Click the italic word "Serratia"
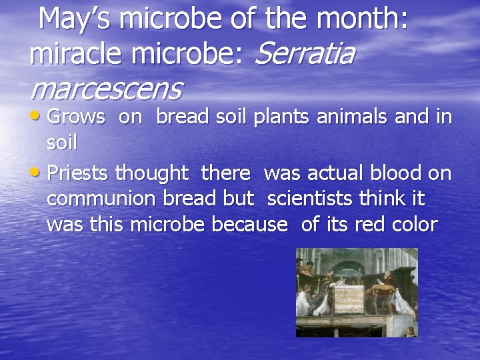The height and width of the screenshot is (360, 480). point(304,54)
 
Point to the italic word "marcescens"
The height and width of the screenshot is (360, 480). point(106,87)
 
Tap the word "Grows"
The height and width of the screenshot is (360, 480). point(77,118)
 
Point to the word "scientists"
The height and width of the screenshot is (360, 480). point(316,199)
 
